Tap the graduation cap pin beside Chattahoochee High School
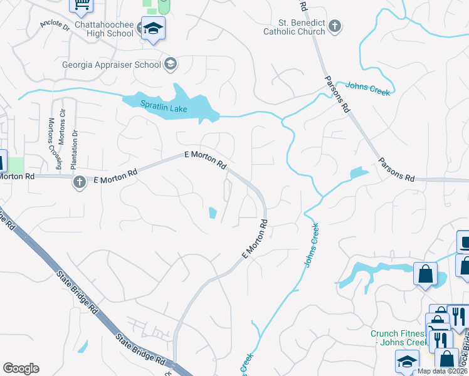coord(152,29)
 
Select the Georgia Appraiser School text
coord(111,64)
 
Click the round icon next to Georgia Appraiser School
coord(171,64)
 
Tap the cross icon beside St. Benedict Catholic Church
coord(335,26)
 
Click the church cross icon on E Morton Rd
coord(79,182)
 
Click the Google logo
coord(21,368)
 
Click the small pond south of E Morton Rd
coord(213,213)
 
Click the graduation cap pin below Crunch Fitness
coord(407,361)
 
